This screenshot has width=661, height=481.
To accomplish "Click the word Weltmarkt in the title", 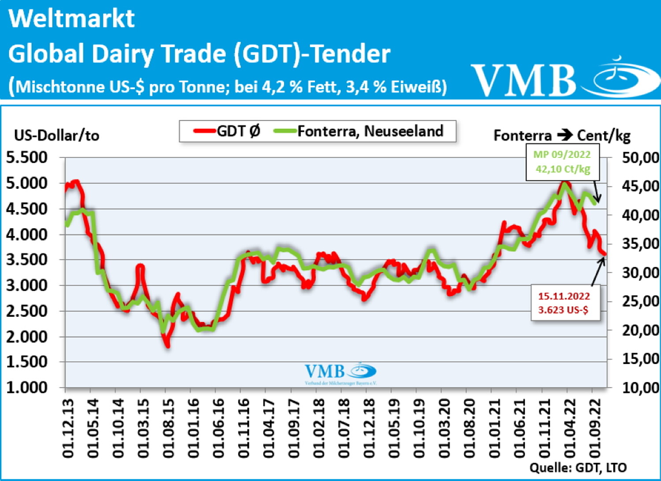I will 71,19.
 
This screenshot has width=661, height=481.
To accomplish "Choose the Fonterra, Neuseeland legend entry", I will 359,131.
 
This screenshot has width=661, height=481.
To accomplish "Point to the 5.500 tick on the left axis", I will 26,157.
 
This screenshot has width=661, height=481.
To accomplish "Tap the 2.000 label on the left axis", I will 26,336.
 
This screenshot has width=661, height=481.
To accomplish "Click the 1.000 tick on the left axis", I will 26,387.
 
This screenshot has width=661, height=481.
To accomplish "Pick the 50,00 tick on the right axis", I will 640,158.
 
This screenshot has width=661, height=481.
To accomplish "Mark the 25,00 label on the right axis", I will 640,301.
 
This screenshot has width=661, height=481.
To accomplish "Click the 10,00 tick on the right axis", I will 640,387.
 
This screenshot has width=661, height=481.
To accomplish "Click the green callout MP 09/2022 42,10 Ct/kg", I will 562,162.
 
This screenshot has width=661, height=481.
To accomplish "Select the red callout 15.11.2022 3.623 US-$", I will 564,303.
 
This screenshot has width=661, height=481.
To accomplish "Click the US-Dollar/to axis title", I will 56,135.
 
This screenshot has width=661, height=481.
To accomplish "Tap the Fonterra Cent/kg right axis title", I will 562,135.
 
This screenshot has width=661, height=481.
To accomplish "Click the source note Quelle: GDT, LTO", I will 578,467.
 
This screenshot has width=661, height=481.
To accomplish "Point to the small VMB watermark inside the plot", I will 340,373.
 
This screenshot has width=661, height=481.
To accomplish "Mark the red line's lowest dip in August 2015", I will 167,345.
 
